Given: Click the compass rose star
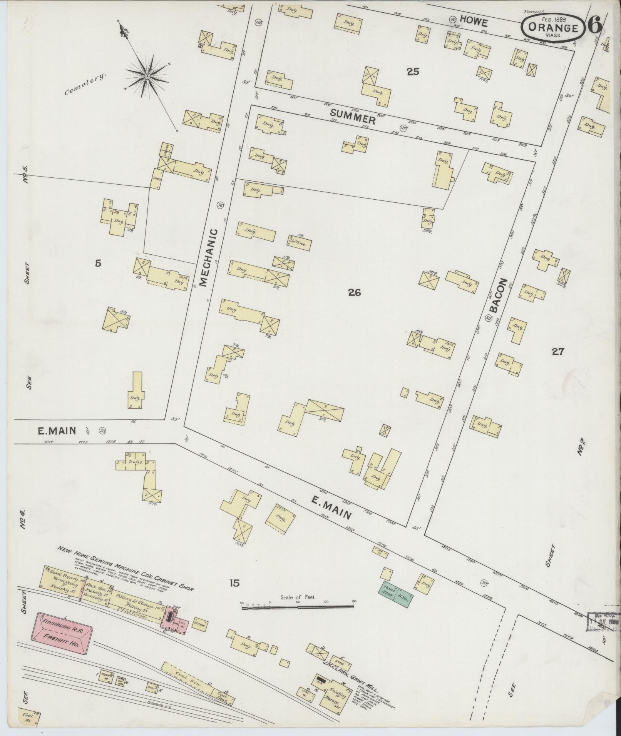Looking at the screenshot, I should pos(147,76).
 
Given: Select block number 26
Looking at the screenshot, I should pos(354,293).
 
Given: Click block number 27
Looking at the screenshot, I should pos(557,351).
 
